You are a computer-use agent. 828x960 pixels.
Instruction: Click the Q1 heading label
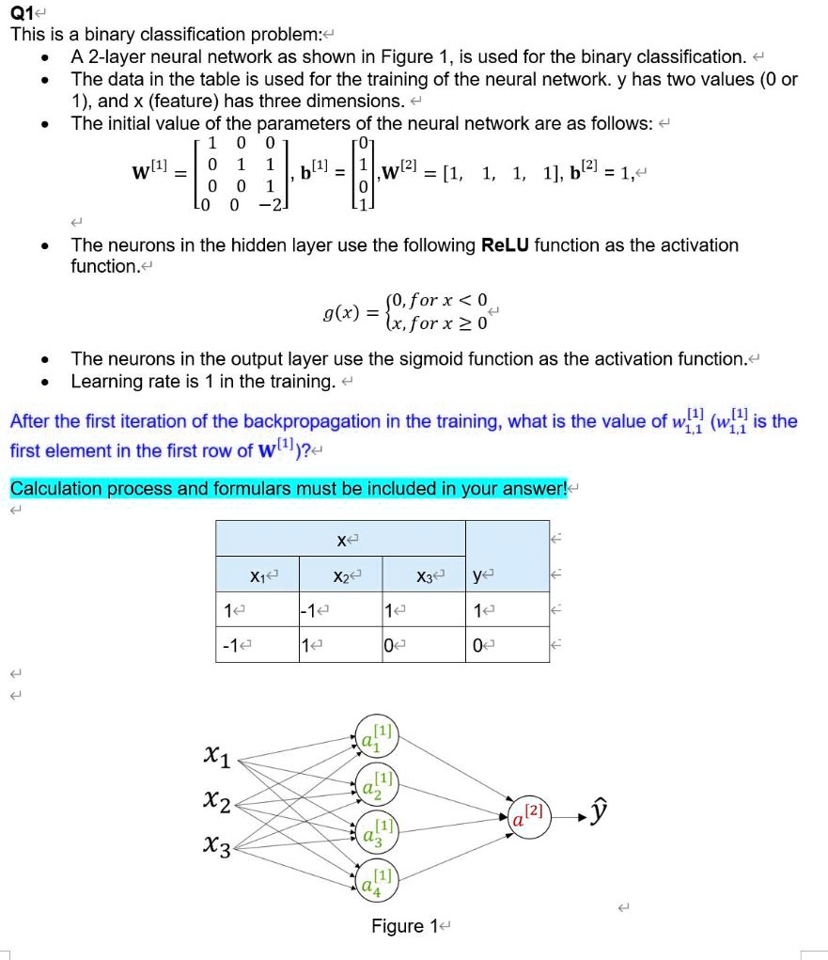pos(21,13)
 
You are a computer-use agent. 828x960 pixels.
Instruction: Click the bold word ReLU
pos(507,245)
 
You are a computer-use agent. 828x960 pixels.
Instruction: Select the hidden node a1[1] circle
pos(377,740)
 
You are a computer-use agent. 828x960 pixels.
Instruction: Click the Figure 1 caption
pos(398,926)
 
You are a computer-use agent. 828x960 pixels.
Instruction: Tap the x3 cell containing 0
pos(388,646)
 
